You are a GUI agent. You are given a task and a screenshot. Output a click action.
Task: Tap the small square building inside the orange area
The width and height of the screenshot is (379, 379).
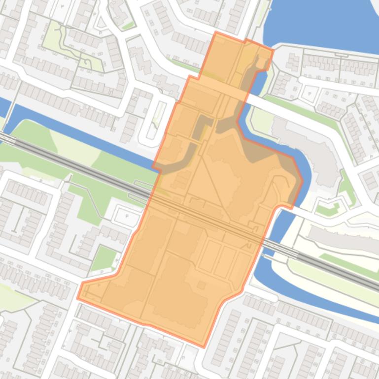coord(201,285)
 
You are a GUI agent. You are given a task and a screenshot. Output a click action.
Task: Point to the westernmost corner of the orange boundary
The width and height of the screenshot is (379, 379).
coord(78,297)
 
